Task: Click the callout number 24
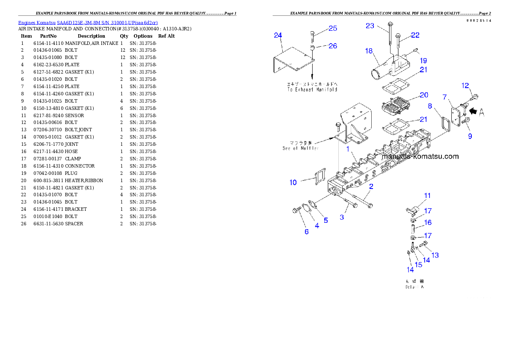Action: click(x=278, y=35)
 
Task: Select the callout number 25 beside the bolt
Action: click(x=333, y=29)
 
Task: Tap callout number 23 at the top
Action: click(x=370, y=26)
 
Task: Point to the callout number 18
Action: click(x=369, y=51)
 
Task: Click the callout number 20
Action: click(x=423, y=95)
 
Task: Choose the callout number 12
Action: click(x=465, y=86)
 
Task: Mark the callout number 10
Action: click(x=293, y=183)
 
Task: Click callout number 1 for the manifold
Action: click(x=348, y=149)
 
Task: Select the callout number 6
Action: click(x=306, y=231)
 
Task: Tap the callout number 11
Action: click(x=427, y=196)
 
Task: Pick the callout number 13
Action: click(x=435, y=255)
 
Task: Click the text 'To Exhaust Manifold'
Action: click(x=312, y=89)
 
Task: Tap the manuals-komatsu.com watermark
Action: click(x=420, y=156)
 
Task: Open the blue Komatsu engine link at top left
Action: click(x=88, y=23)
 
